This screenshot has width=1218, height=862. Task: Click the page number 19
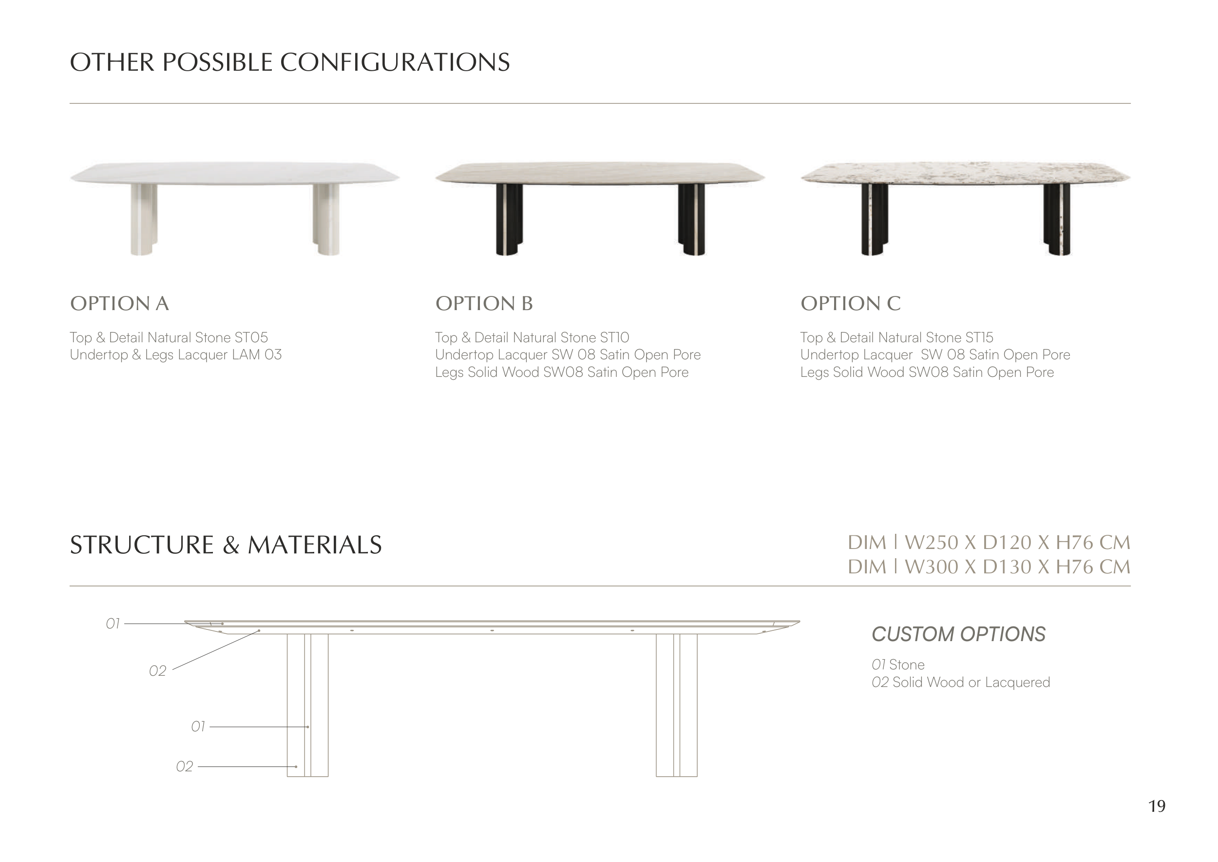[1157, 806]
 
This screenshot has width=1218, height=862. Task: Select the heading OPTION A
[119, 304]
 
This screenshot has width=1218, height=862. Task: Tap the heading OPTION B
[484, 304]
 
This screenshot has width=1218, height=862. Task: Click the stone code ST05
[251, 337]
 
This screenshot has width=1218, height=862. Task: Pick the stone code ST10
[614, 337]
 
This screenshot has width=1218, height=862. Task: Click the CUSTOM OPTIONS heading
[959, 634]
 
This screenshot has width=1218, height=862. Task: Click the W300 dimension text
[932, 567]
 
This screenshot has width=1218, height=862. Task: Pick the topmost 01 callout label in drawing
[113, 624]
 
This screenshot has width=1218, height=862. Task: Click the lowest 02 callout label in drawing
[185, 766]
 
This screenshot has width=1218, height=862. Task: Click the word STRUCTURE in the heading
[142, 545]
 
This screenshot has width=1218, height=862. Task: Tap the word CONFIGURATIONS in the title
[395, 62]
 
